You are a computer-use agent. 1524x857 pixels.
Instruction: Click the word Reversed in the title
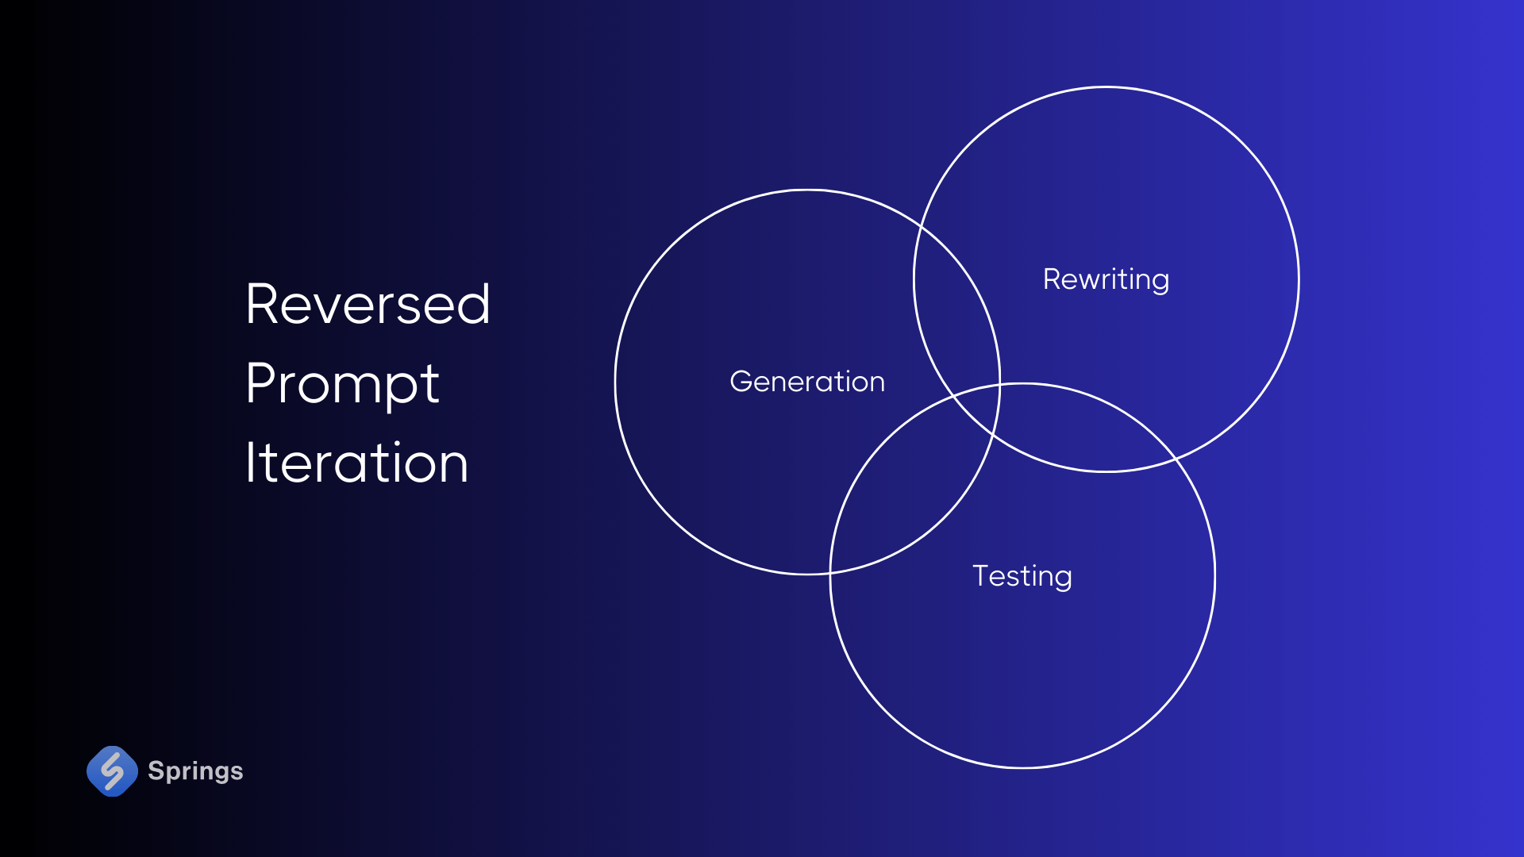[368, 305]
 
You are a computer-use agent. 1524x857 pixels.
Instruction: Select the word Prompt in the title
[342, 384]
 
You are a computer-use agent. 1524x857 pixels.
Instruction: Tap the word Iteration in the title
[356, 463]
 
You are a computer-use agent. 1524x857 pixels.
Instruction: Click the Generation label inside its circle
[806, 382]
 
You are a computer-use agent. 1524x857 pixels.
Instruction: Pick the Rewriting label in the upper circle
[1106, 279]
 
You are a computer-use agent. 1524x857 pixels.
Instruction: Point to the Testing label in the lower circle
[1022, 576]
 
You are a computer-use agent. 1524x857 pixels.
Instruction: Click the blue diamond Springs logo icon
[112, 771]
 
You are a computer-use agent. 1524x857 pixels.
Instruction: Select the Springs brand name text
[195, 771]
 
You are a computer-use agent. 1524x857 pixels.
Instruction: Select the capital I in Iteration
[250, 463]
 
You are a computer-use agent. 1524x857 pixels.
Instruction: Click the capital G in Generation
[741, 382]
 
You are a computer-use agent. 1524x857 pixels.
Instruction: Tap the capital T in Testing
[982, 575]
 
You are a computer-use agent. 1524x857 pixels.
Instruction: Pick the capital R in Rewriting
[1053, 279]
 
